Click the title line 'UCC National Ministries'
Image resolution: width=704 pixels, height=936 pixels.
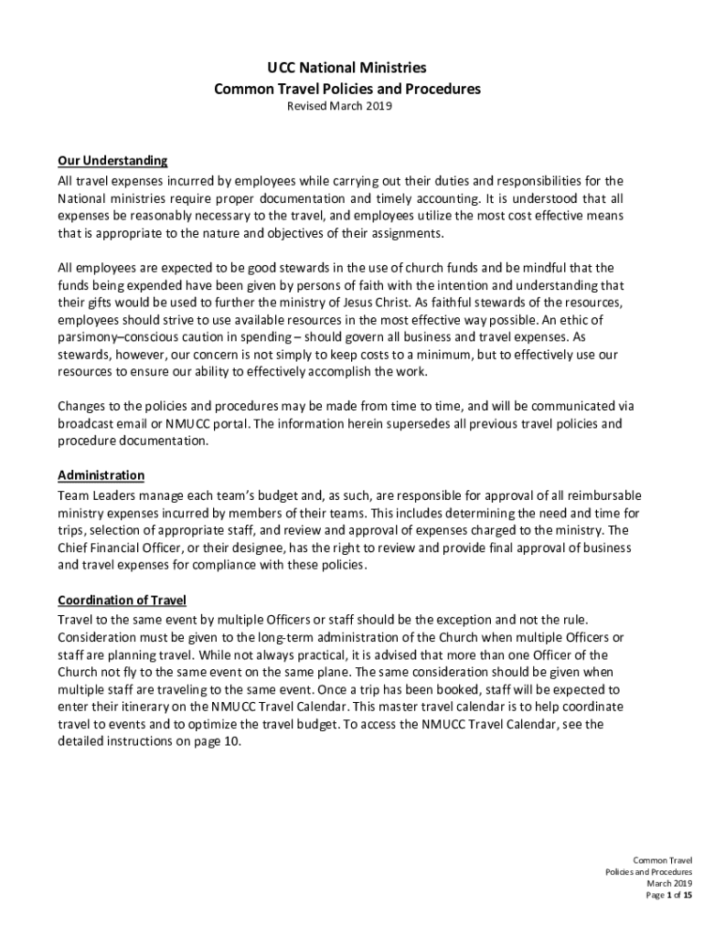(x=347, y=68)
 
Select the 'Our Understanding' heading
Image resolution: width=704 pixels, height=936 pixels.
(x=112, y=161)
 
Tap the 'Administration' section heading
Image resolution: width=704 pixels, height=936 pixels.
(x=101, y=475)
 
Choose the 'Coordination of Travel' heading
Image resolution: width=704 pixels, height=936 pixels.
(x=122, y=600)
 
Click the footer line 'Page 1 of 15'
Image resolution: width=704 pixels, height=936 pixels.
(x=668, y=895)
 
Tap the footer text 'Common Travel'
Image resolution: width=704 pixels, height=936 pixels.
(x=663, y=860)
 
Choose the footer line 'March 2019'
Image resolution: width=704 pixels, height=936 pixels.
(x=670, y=883)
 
